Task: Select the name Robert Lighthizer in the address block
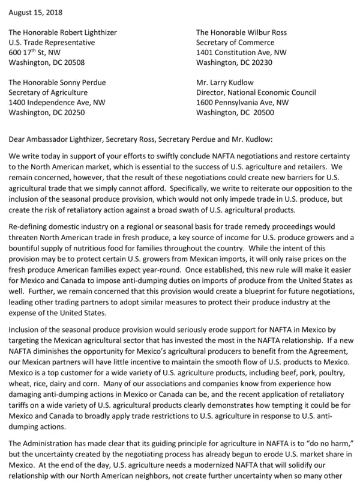pos(86,32)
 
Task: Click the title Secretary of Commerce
pos(235,43)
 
